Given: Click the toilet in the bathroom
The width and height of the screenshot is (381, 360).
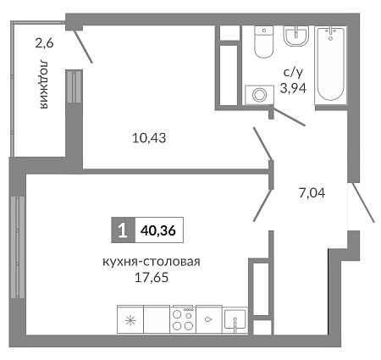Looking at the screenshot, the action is coord(264,42).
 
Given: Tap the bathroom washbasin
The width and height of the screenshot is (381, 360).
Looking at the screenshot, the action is coord(296,36).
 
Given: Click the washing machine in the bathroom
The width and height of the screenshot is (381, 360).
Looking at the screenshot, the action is coord(259,95).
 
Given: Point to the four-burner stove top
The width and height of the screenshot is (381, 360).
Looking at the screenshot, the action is coord(183,319).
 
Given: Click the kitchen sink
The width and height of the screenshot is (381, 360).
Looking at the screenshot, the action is coord(235,320).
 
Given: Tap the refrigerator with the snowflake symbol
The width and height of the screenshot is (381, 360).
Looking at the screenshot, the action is coord(130,319).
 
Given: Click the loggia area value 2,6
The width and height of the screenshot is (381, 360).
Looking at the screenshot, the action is coord(44,44).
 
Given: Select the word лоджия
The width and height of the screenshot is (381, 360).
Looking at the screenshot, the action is coord(44,84).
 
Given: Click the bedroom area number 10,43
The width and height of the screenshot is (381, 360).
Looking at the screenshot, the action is coord(149,138).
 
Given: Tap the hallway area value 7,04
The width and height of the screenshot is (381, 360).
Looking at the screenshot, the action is coord(312,193).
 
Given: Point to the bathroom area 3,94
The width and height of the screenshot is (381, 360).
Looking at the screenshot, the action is coord(293,89).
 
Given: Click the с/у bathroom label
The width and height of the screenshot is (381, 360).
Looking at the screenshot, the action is coord(293,73).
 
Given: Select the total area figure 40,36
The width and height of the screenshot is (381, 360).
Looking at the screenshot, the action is coord(159,230).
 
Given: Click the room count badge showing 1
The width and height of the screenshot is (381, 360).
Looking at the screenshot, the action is coord(124,230).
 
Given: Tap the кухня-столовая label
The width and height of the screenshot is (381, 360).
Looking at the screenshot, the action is coord(152,263).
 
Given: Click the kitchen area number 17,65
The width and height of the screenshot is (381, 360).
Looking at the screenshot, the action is coord(152,278).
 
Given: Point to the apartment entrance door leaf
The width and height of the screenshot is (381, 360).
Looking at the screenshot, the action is coord(363,202).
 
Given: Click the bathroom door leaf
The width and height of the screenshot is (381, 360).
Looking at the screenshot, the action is coord(289,117).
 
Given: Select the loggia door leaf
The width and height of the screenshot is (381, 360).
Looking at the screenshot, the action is coord(83,47).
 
